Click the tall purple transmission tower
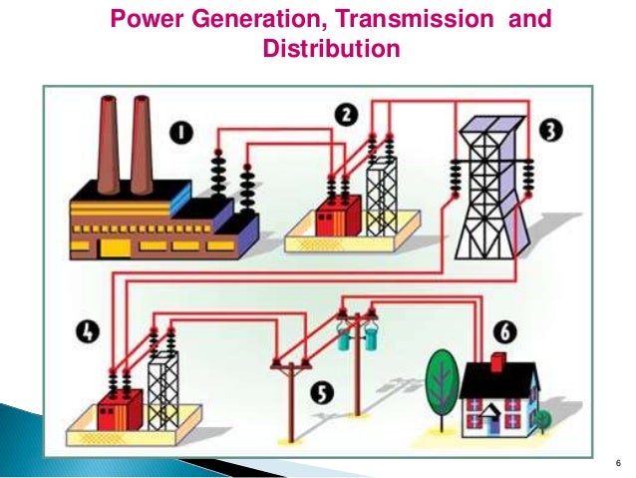[x=490, y=190]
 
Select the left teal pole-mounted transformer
[x=344, y=337]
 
